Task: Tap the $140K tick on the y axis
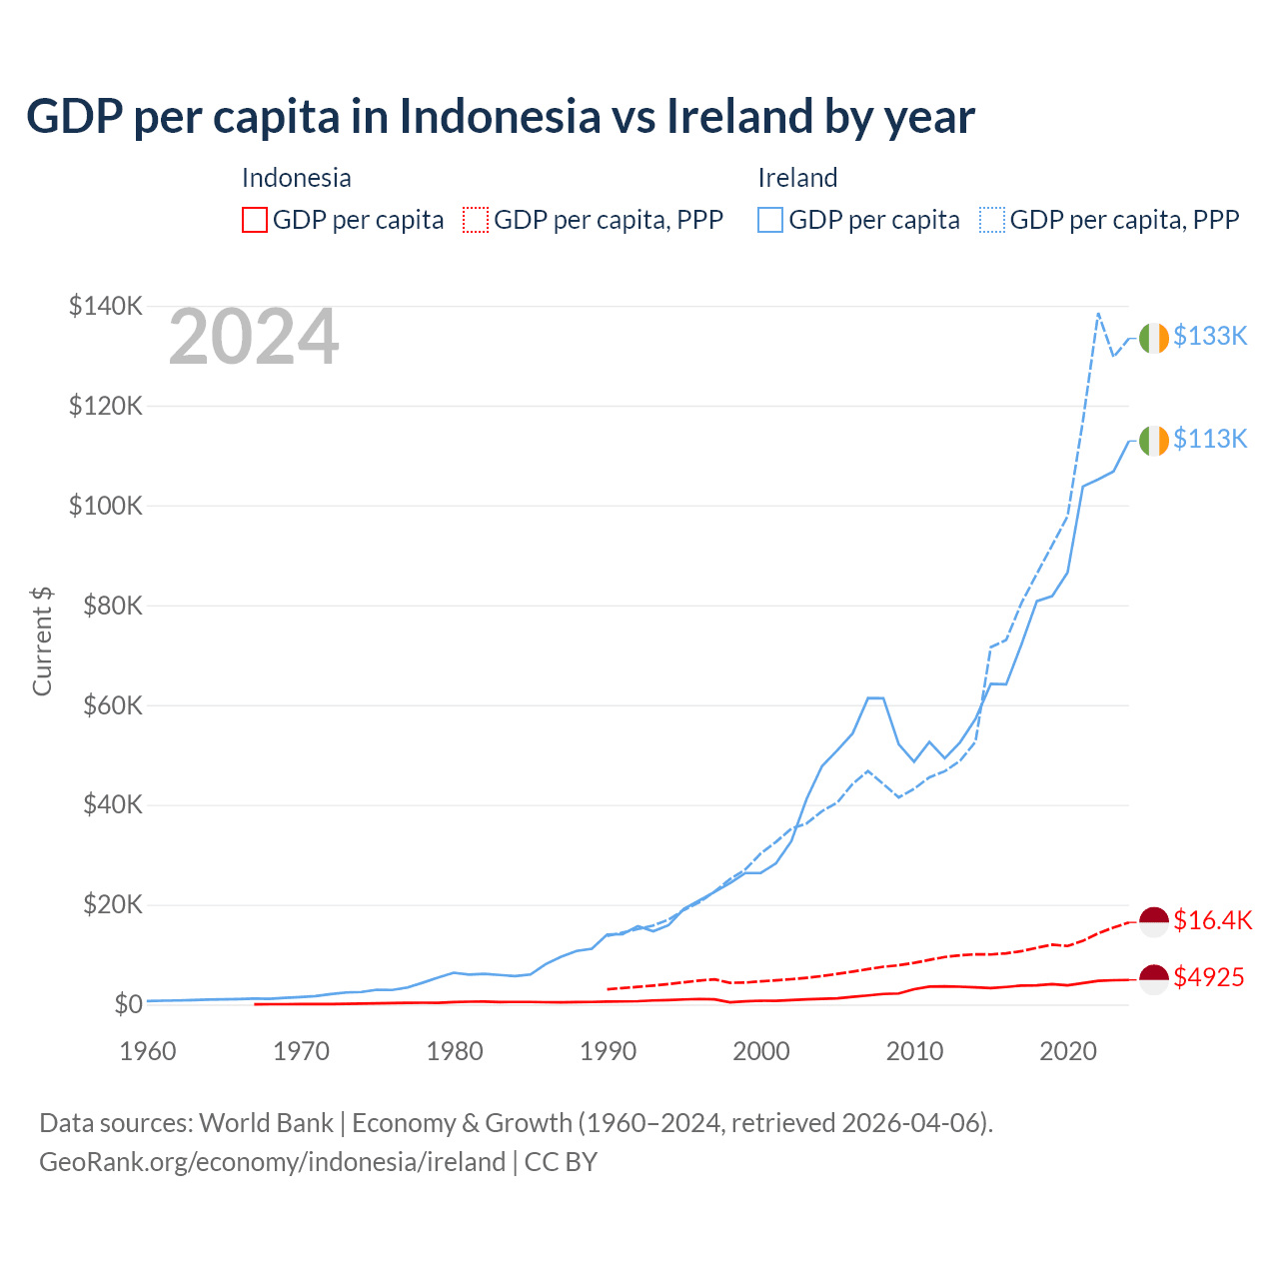106,306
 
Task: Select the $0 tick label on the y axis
128,1004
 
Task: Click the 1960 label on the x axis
147,1051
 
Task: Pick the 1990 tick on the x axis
608,1051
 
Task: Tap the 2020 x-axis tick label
1068,1051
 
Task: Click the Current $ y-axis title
42,641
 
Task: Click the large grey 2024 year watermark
254,338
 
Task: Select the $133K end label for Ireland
1210,336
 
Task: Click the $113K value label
1210,439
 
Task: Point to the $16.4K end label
1212,920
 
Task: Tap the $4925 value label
1209,977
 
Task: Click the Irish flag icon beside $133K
1154,338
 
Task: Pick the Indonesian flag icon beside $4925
1154,979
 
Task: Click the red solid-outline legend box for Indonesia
255,220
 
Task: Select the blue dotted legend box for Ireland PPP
992,220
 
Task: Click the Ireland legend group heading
797,178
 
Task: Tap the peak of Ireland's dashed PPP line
1098,313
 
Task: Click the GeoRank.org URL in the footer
272,1162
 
